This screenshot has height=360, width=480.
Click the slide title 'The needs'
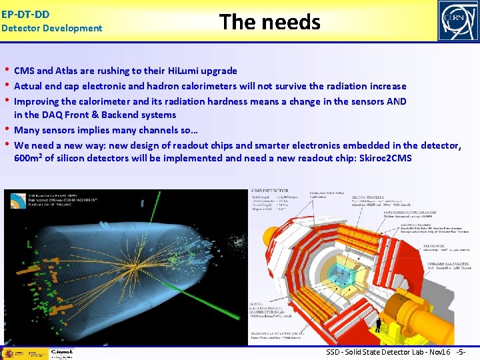click(x=270, y=22)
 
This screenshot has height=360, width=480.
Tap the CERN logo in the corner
click(x=457, y=21)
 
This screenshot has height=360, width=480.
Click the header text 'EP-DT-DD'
click(x=25, y=13)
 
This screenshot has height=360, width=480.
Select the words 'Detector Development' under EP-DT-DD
click(x=52, y=28)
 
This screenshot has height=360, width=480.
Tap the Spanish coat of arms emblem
click(x=9, y=353)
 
